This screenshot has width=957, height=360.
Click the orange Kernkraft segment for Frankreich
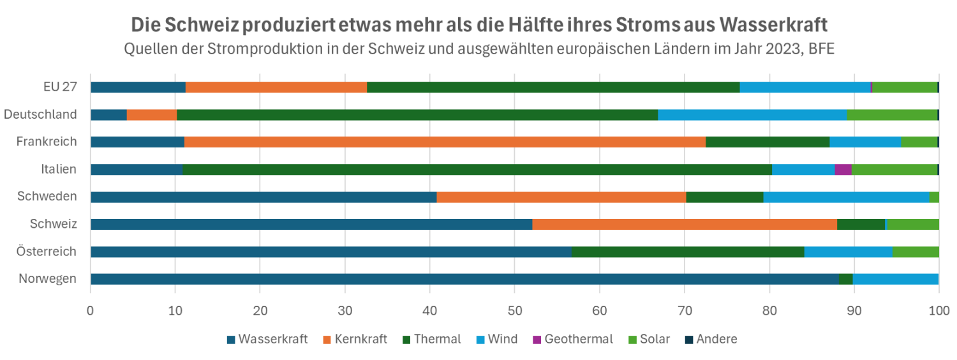click(x=445, y=142)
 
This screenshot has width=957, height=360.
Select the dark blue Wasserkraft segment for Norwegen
click(x=464, y=279)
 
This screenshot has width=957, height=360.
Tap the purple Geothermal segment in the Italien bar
click(x=843, y=169)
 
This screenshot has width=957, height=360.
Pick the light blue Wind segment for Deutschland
click(x=752, y=115)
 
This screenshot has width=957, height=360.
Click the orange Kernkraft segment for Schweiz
click(x=684, y=224)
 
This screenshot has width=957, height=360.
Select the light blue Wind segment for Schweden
click(x=846, y=197)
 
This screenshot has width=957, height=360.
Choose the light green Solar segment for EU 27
click(x=904, y=87)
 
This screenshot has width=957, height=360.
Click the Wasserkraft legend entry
click(x=267, y=339)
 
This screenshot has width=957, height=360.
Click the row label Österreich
click(x=47, y=251)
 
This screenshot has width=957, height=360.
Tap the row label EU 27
click(x=60, y=87)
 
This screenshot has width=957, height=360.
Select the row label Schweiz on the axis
click(x=54, y=224)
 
